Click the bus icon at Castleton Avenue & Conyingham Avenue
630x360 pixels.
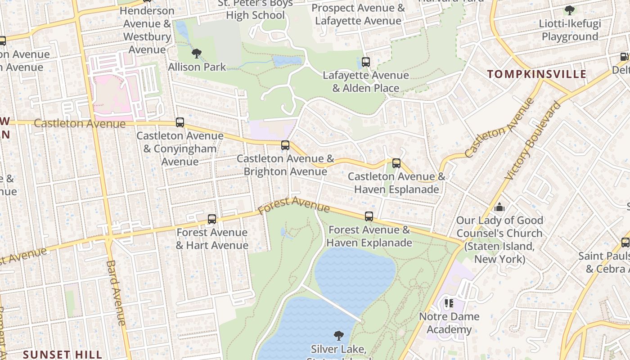(x=180, y=122)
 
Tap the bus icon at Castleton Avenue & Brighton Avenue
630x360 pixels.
(x=285, y=145)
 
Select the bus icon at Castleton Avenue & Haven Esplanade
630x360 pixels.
(x=396, y=163)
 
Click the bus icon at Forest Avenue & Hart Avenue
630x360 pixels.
(x=212, y=219)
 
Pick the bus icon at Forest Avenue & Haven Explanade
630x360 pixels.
(x=369, y=216)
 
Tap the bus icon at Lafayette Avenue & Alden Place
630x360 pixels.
(x=366, y=62)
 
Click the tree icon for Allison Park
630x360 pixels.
(x=197, y=54)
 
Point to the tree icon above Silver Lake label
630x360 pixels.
(x=338, y=335)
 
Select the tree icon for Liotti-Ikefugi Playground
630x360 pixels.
(x=570, y=10)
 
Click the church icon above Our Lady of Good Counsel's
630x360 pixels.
(x=499, y=207)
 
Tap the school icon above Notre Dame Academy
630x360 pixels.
(x=449, y=303)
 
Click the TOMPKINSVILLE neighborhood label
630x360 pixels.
(x=537, y=74)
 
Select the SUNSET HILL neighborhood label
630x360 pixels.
(x=63, y=354)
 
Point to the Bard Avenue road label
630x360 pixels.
(x=116, y=292)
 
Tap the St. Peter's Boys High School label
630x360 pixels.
(x=255, y=9)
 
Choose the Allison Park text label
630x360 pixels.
(x=197, y=67)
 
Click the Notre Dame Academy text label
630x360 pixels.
(x=449, y=323)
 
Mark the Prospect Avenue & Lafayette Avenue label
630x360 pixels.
(x=358, y=14)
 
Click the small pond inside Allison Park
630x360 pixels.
(x=287, y=61)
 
